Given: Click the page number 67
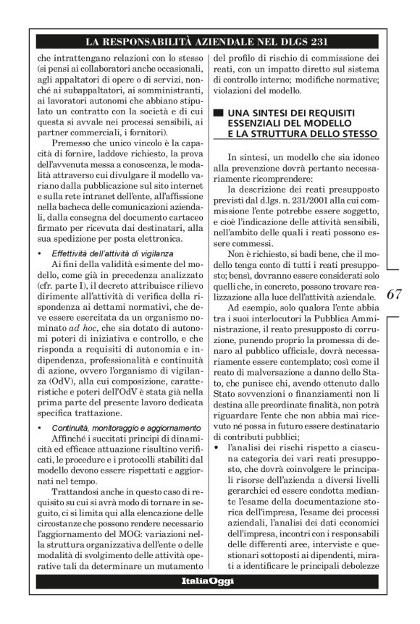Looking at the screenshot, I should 395,295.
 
